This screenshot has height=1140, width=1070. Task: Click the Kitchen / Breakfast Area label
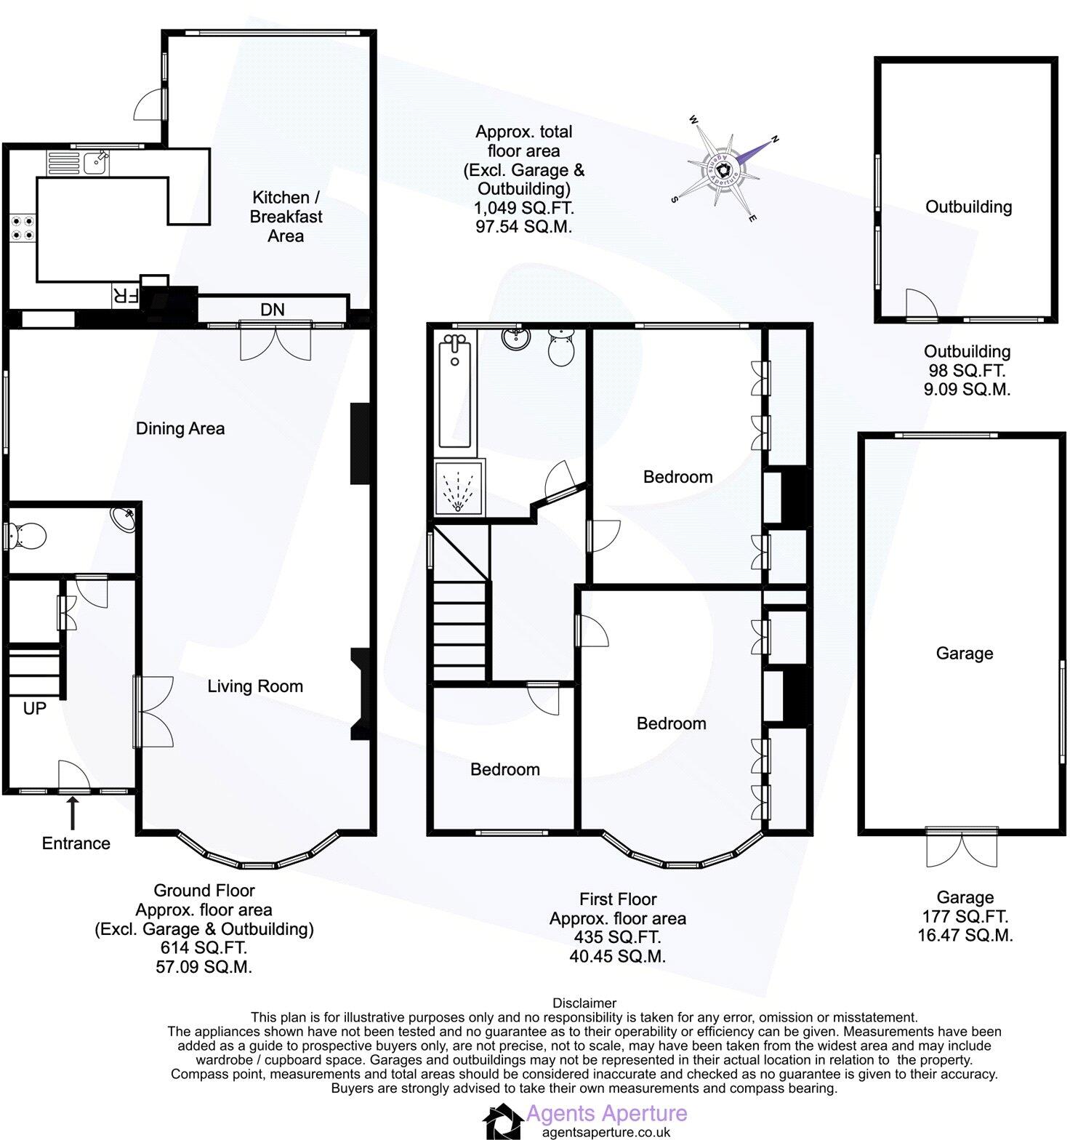pyautogui.click(x=285, y=217)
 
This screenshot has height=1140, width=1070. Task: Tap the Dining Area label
pyautogui.click(x=180, y=429)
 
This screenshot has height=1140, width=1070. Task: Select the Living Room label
pyautogui.click(x=255, y=686)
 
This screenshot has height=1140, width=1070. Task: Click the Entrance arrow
pyautogui.click(x=73, y=812)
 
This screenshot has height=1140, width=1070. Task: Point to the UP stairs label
pyautogui.click(x=34, y=708)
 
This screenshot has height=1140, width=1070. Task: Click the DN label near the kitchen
pyautogui.click(x=273, y=310)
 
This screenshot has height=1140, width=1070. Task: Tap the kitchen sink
pyautogui.click(x=95, y=163)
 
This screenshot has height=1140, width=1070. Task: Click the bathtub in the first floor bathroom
pyautogui.click(x=455, y=393)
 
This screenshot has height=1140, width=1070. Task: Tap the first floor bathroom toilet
pyautogui.click(x=562, y=346)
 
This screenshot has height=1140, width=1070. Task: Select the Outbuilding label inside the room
pyautogui.click(x=968, y=207)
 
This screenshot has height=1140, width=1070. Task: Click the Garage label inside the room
pyautogui.click(x=964, y=654)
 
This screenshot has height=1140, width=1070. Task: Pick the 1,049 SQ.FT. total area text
pyautogui.click(x=523, y=209)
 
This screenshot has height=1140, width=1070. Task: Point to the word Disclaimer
pyautogui.click(x=584, y=1003)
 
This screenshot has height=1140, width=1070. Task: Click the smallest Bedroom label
pyautogui.click(x=504, y=769)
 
